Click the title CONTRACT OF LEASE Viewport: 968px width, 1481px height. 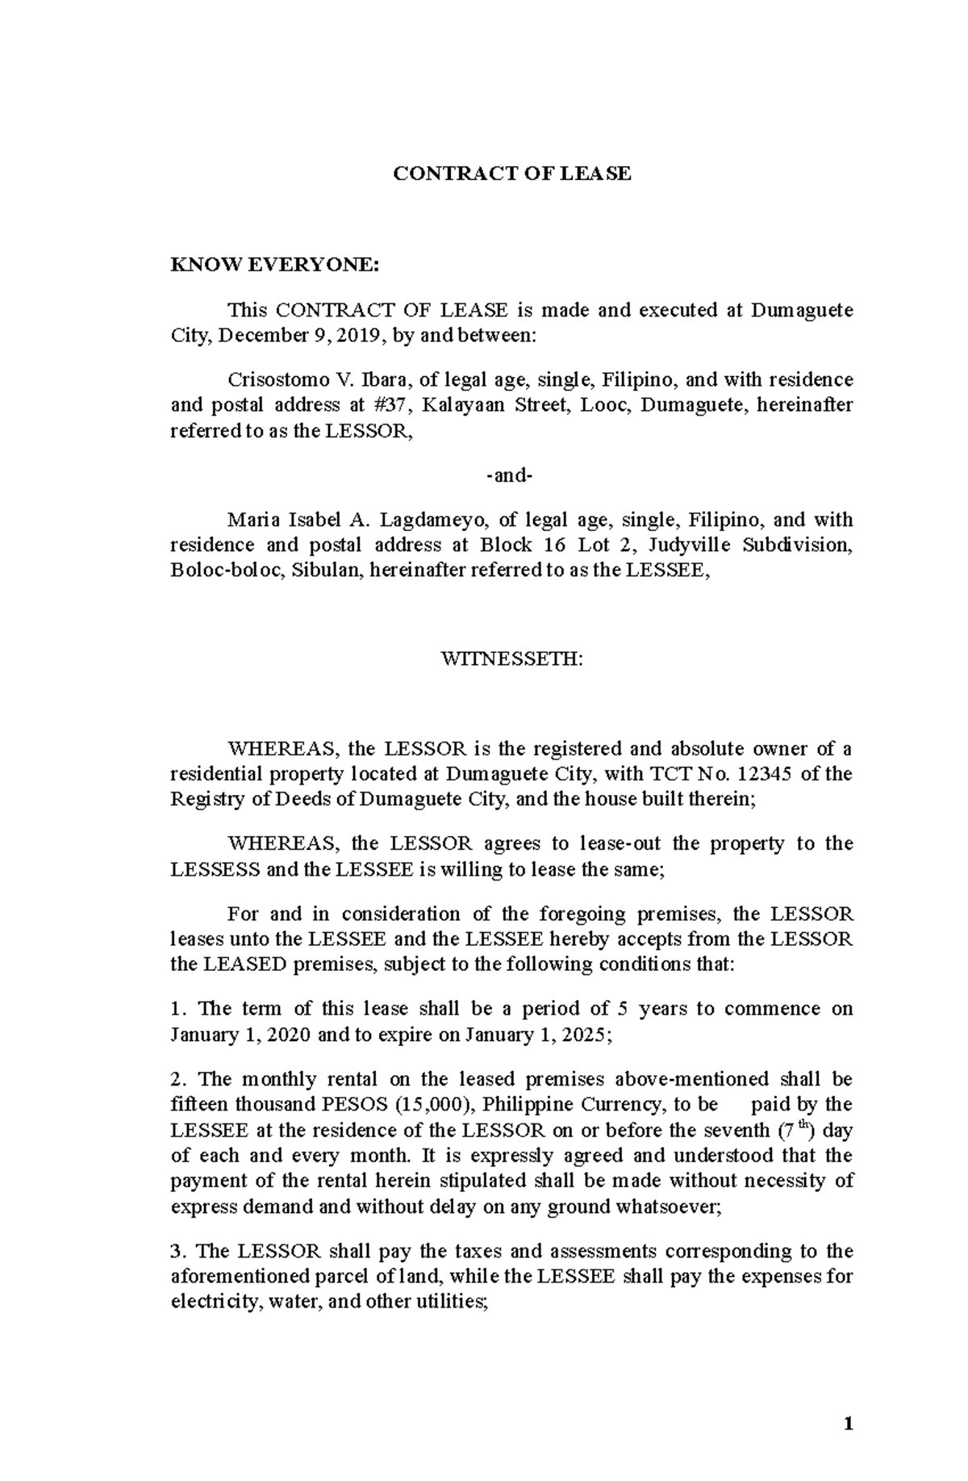[511, 174]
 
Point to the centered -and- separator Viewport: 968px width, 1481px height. [510, 475]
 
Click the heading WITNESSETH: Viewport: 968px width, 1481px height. [511, 659]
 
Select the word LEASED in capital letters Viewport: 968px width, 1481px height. [246, 964]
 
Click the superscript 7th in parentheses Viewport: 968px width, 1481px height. [797, 1129]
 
